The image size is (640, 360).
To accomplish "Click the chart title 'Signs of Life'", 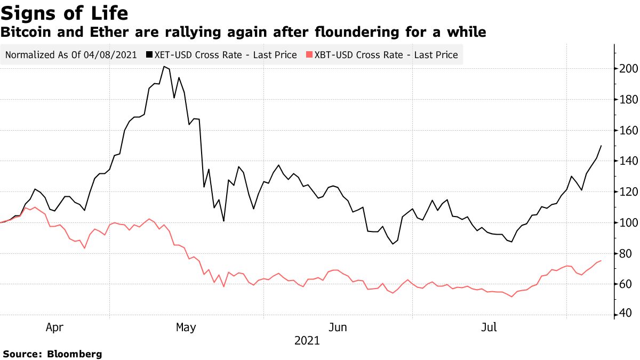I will [65, 12].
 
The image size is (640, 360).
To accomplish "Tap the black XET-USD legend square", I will [149, 55].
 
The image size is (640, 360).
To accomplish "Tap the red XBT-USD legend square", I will [309, 55].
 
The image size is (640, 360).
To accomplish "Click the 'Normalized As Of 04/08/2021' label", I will [71, 55].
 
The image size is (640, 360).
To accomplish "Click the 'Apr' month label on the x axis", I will [54, 327].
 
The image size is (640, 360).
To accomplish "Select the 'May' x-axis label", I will [186, 327].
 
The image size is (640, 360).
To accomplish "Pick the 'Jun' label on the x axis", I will [338, 327].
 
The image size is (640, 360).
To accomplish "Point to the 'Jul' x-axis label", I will [489, 327].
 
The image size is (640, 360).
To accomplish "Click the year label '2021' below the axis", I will [307, 341].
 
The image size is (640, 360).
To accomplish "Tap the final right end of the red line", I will [601, 260].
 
